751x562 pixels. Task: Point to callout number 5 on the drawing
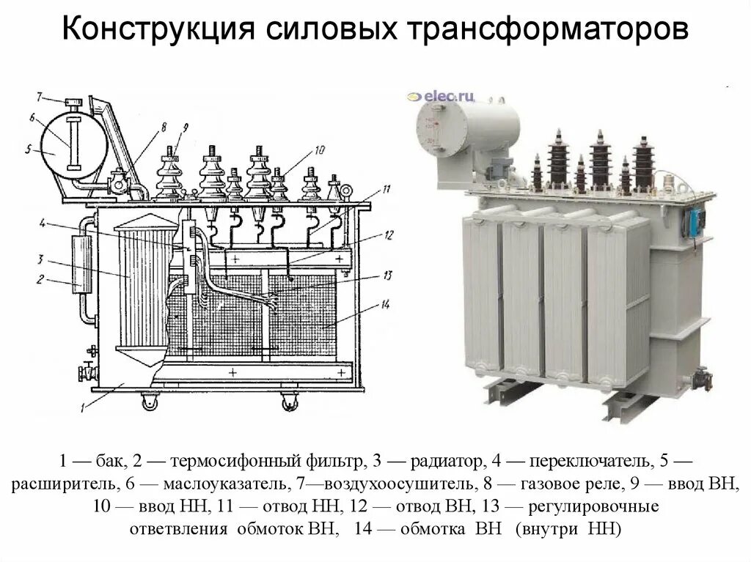[x=28, y=150]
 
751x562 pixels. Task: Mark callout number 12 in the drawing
[x=389, y=235]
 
